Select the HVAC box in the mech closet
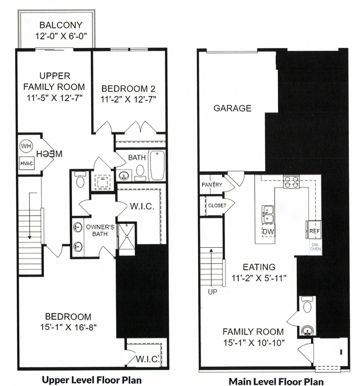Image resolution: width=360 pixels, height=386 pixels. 26,163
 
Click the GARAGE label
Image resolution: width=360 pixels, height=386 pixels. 232,108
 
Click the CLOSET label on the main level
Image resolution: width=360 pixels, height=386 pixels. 217,205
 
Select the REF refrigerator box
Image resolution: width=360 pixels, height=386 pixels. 314,231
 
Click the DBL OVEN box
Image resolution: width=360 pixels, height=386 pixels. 315,246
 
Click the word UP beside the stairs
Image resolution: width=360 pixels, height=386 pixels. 212,292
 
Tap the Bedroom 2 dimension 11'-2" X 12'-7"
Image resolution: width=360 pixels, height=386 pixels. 128,99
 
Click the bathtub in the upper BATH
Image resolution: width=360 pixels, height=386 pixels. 157,165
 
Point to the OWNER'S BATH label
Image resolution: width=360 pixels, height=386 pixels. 100,230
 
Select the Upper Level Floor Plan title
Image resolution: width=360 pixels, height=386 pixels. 92,380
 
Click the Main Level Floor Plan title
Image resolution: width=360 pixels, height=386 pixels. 276,381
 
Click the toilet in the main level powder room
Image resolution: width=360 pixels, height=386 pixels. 308,306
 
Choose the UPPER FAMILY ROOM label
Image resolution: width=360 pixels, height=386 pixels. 54,81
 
